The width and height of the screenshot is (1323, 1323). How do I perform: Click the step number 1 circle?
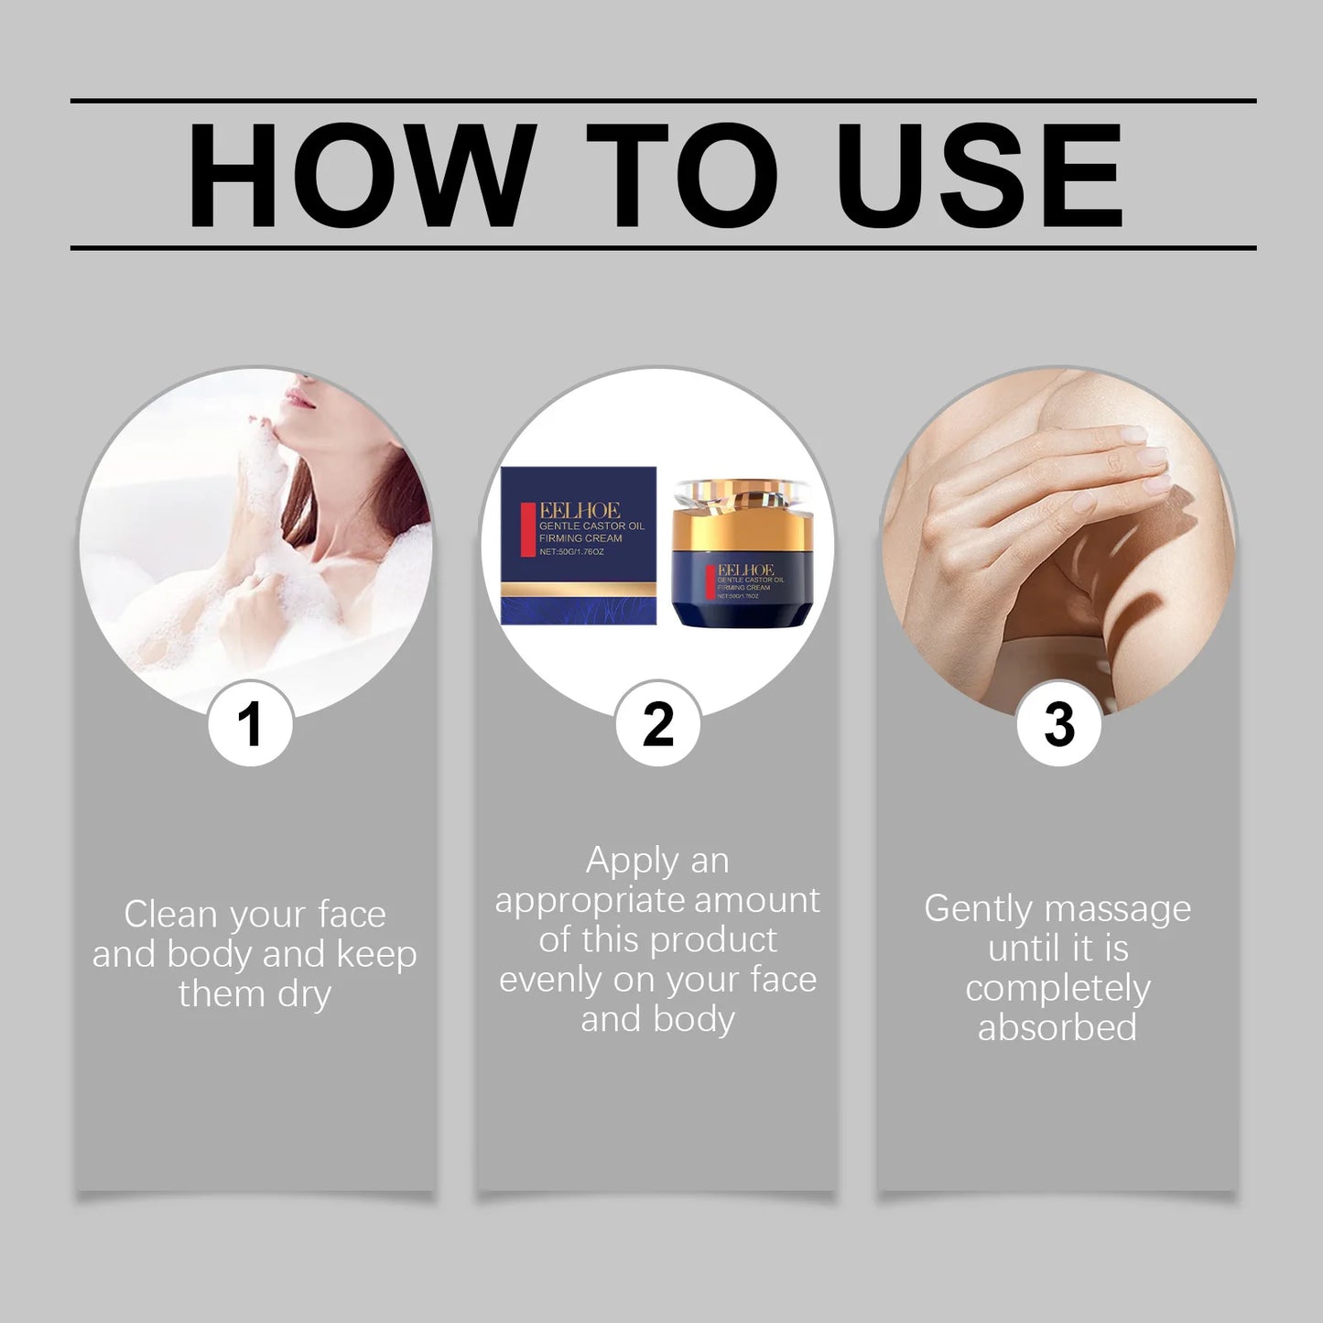(250, 724)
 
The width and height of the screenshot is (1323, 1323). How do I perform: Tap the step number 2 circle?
(657, 724)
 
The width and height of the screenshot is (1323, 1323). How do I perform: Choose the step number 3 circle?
(1059, 724)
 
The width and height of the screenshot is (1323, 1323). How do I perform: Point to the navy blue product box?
(579, 546)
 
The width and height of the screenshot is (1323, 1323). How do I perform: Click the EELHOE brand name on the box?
(580, 511)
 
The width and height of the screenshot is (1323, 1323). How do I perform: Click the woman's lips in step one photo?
(298, 398)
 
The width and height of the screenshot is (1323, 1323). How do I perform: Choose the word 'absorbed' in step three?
(1057, 1027)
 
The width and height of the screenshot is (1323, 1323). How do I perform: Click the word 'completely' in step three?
(1057, 989)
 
